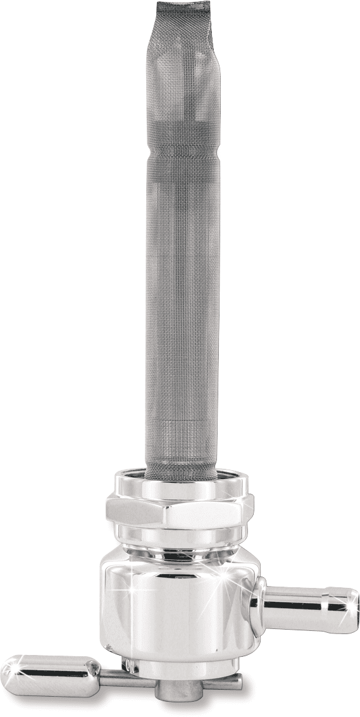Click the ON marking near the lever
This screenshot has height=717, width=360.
point(129,664)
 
